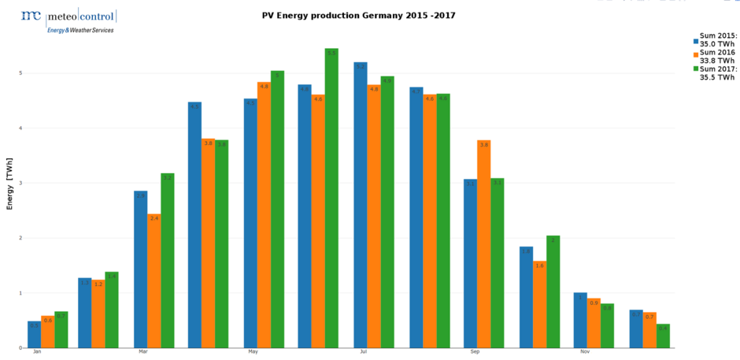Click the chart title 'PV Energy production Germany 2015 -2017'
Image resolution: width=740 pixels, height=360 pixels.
pyautogui.click(x=358, y=15)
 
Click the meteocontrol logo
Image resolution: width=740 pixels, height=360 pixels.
pyautogui.click(x=68, y=20)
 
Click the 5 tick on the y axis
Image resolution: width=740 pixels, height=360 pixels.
pyautogui.click(x=20, y=73)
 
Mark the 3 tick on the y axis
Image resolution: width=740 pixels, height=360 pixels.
pyautogui.click(x=20, y=183)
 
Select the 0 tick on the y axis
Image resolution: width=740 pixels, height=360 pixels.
pyautogui.click(x=20, y=347)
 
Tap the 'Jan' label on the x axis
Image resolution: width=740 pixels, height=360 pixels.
pyautogui.click(x=37, y=352)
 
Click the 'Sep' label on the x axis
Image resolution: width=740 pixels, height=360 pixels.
pyautogui.click(x=475, y=352)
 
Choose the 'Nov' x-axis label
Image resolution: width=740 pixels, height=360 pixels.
pyautogui.click(x=585, y=352)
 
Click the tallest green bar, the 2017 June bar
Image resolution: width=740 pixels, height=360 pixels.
pyautogui.click(x=331, y=198)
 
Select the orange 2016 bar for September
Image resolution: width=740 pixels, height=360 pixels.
pyautogui.click(x=483, y=243)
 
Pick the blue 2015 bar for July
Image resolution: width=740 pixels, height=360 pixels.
pyautogui.click(x=361, y=205)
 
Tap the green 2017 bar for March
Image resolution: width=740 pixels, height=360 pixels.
pyautogui.click(x=167, y=260)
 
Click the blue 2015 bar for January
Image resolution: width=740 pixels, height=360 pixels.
pyautogui.click(x=34, y=335)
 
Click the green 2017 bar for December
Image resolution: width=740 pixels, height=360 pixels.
pyautogui.click(x=663, y=336)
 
